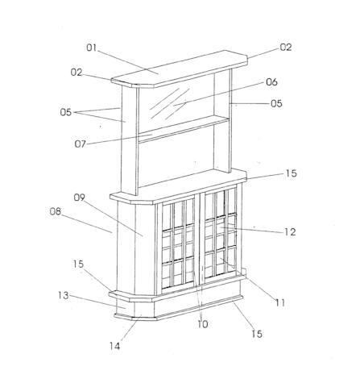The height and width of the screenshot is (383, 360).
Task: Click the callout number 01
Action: tap(91, 48)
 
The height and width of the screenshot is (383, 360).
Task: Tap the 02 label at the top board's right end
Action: tap(286, 48)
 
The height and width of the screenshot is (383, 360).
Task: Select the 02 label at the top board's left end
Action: tap(77, 73)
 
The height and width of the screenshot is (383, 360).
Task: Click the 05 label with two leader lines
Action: tap(66, 112)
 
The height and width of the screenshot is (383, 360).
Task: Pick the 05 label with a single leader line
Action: tap(276, 103)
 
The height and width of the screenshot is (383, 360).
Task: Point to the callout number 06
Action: tap(271, 82)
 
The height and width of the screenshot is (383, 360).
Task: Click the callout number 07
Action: tap(81, 144)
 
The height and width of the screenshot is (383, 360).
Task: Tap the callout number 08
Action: tap(56, 211)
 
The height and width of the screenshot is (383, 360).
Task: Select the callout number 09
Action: tap(79, 198)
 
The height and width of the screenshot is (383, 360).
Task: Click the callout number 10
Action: tap(203, 324)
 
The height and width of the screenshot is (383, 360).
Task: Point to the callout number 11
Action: tap(280, 303)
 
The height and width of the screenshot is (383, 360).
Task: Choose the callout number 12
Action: tap(290, 232)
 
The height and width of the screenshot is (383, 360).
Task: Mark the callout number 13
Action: tap(64, 296)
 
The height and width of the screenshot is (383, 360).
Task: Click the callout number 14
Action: tap(114, 346)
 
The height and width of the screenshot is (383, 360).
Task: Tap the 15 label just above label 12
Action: tap(291, 173)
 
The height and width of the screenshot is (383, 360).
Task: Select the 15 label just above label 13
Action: tap(78, 264)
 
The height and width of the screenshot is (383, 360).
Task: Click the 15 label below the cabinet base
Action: tap(257, 334)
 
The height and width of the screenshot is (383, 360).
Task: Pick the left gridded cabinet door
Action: tap(178, 246)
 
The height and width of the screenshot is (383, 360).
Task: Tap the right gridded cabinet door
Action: tap(221, 233)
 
